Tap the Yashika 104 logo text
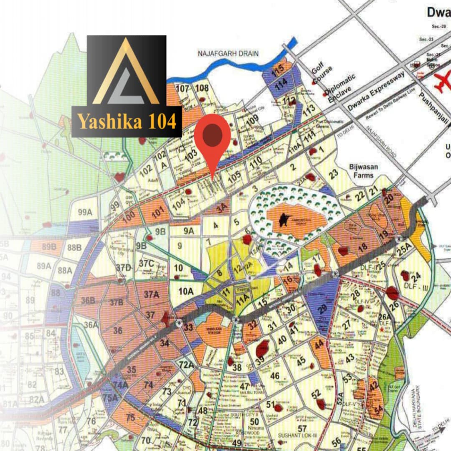[x=127, y=122]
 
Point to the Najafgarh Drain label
[x=228, y=53]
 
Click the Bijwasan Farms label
[x=364, y=170]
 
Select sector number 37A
[x=152, y=294]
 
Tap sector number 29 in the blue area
[x=322, y=309]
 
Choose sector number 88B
[x=74, y=248]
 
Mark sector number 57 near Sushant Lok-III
[x=302, y=428]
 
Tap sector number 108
[x=202, y=88]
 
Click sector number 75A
[x=110, y=398]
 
